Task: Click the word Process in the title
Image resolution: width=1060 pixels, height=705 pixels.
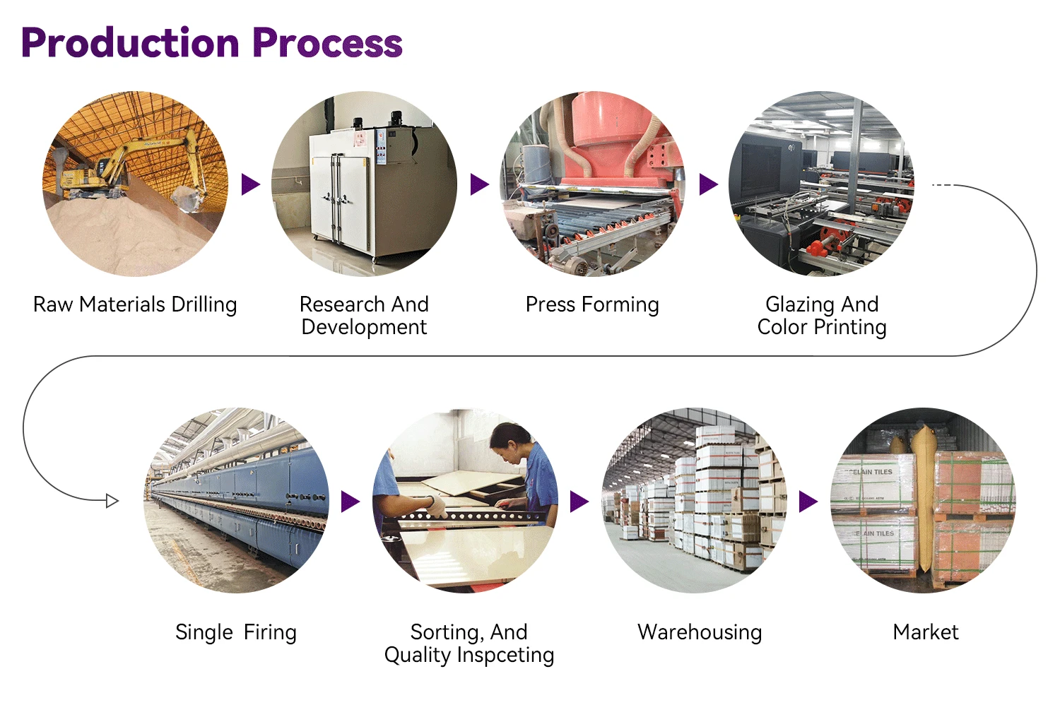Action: [327, 43]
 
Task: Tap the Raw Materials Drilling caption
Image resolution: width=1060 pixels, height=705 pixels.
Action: [135, 304]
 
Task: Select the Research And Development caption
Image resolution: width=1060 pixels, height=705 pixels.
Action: [364, 315]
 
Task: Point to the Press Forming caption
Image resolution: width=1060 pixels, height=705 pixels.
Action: [592, 304]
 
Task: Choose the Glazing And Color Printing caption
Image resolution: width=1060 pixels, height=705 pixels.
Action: [822, 315]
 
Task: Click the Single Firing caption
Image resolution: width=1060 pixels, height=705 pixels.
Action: [236, 632]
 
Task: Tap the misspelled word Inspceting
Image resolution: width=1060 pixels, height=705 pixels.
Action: [505, 655]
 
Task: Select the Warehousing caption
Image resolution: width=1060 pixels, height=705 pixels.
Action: [700, 632]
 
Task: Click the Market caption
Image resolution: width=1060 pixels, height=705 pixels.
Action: [926, 632]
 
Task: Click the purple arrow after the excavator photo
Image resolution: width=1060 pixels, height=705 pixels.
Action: [250, 184]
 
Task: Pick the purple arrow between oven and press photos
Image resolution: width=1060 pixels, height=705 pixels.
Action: [479, 184]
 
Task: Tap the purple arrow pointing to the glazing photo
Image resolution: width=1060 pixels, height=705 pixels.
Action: [708, 184]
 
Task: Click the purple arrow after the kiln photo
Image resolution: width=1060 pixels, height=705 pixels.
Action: [350, 502]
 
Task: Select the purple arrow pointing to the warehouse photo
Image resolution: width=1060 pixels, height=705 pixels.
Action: [579, 502]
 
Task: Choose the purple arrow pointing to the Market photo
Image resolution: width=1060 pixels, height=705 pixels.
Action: [808, 502]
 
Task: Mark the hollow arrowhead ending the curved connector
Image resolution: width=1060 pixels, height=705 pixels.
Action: [112, 501]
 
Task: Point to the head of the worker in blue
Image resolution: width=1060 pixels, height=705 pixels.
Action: [510, 441]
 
